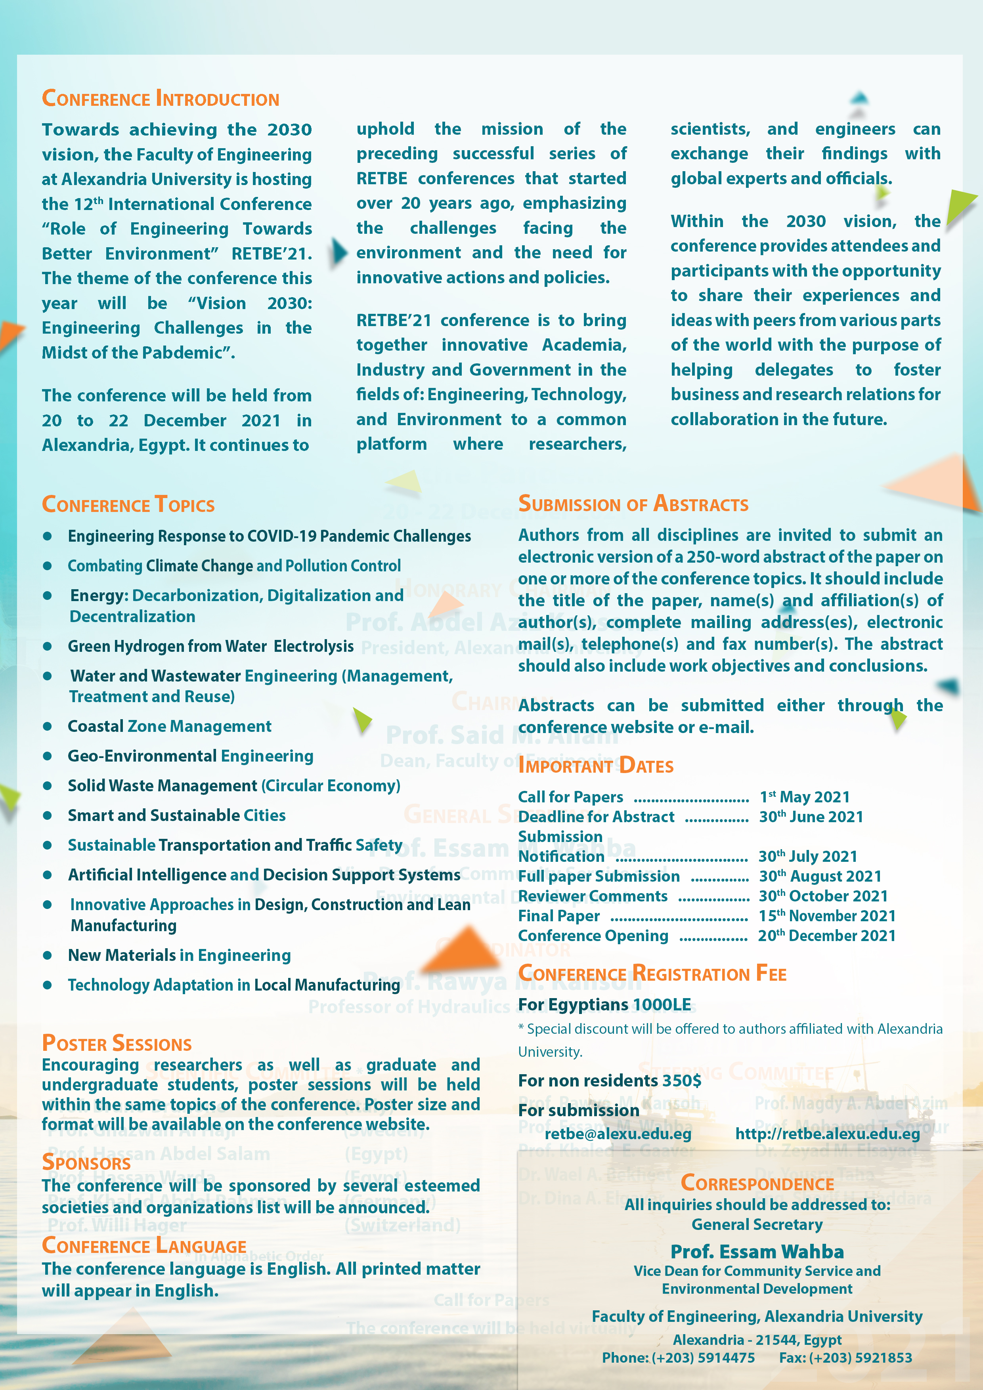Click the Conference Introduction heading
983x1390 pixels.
[161, 99]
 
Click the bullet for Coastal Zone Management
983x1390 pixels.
[47, 726]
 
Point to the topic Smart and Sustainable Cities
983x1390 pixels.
[176, 815]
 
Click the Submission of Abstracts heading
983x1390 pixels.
[633, 504]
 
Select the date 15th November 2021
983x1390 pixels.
[827, 916]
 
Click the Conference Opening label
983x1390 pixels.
[593, 936]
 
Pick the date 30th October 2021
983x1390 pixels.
[823, 896]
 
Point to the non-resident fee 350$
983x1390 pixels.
[681, 1081]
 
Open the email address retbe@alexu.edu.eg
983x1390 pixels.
[618, 1134]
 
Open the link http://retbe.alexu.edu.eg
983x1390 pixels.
[827, 1134]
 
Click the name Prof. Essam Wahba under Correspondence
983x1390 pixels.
[757, 1251]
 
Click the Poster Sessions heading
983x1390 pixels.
[116, 1043]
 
